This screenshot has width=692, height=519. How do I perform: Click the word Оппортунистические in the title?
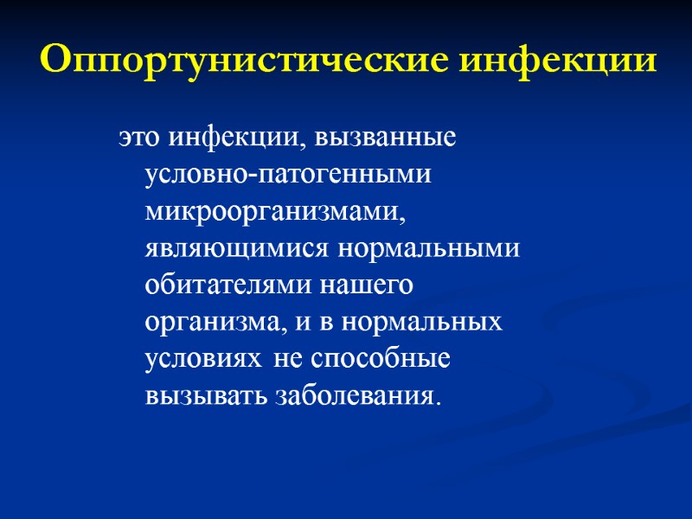(243, 61)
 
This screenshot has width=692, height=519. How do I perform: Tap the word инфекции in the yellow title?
(557, 61)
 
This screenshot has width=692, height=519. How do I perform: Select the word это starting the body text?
(141, 138)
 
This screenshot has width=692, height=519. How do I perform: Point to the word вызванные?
(386, 138)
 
